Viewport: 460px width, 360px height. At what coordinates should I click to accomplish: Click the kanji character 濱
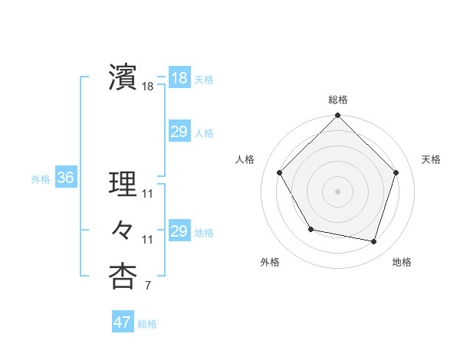click(x=122, y=77)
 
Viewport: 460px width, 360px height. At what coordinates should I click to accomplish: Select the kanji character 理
click(x=122, y=185)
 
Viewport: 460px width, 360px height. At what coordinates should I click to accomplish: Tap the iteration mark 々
click(x=122, y=230)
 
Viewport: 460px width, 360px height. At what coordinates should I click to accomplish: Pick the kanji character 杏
click(x=122, y=276)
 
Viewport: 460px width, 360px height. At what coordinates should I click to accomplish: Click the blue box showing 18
click(x=179, y=77)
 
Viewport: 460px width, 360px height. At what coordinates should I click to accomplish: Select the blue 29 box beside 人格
click(x=179, y=132)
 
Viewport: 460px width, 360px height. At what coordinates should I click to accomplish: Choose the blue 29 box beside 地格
click(x=179, y=231)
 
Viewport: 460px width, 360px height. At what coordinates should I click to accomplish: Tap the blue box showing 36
click(x=65, y=178)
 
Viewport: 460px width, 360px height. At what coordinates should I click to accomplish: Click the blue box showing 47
click(x=122, y=322)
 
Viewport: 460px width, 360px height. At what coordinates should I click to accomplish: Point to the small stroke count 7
click(x=147, y=286)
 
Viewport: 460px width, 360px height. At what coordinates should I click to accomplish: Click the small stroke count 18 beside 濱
click(x=147, y=87)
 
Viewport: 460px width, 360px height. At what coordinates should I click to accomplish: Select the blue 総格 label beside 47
click(x=147, y=324)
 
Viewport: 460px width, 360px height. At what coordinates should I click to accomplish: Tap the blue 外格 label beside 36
click(x=41, y=179)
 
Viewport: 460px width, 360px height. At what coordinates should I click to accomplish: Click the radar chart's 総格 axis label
click(x=337, y=100)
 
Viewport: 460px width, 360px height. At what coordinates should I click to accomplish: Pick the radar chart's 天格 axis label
click(x=431, y=159)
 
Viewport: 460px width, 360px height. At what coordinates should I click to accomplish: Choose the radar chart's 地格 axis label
click(x=402, y=262)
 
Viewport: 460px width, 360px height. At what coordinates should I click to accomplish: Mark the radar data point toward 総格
click(x=337, y=116)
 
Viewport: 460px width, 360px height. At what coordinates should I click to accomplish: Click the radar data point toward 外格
click(x=310, y=229)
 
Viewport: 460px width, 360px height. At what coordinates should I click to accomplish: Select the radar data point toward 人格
click(x=279, y=172)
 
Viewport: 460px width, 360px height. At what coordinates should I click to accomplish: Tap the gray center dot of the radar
click(x=337, y=191)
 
